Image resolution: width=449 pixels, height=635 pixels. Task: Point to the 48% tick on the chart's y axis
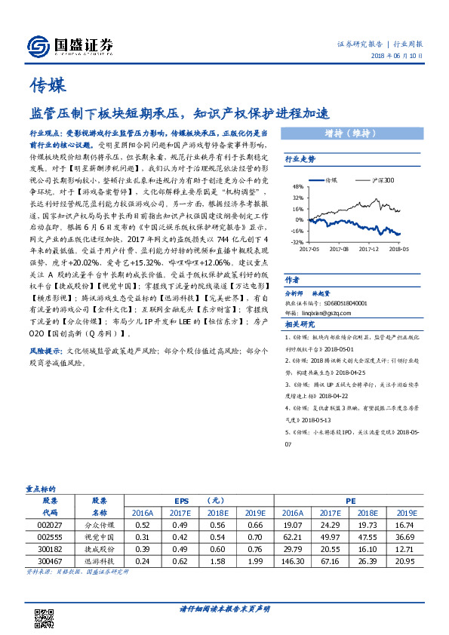click(298, 186)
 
